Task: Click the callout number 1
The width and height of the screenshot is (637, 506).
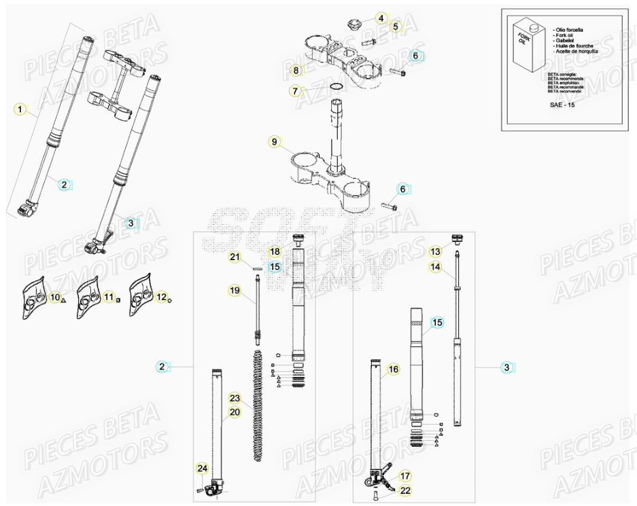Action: coord(20,109)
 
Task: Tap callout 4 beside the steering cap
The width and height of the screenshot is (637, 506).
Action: coord(381,18)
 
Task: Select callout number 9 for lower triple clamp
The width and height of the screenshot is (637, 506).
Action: coord(275,142)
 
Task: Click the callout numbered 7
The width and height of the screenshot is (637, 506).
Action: coord(294,90)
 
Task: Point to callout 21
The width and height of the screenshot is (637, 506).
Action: coord(235,257)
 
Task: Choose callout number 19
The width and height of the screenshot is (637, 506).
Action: coord(235,291)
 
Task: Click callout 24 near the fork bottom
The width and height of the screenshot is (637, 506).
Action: coord(202,468)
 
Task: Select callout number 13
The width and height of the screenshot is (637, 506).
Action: coord(435,251)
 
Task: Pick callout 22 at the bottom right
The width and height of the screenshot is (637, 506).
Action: coord(406,490)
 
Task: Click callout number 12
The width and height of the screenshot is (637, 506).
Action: coord(161,297)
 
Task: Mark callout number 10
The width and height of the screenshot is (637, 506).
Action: coord(54,297)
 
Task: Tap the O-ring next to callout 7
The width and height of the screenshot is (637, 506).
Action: coord(336,87)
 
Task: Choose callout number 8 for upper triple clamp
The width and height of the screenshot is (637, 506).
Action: coord(296,70)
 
